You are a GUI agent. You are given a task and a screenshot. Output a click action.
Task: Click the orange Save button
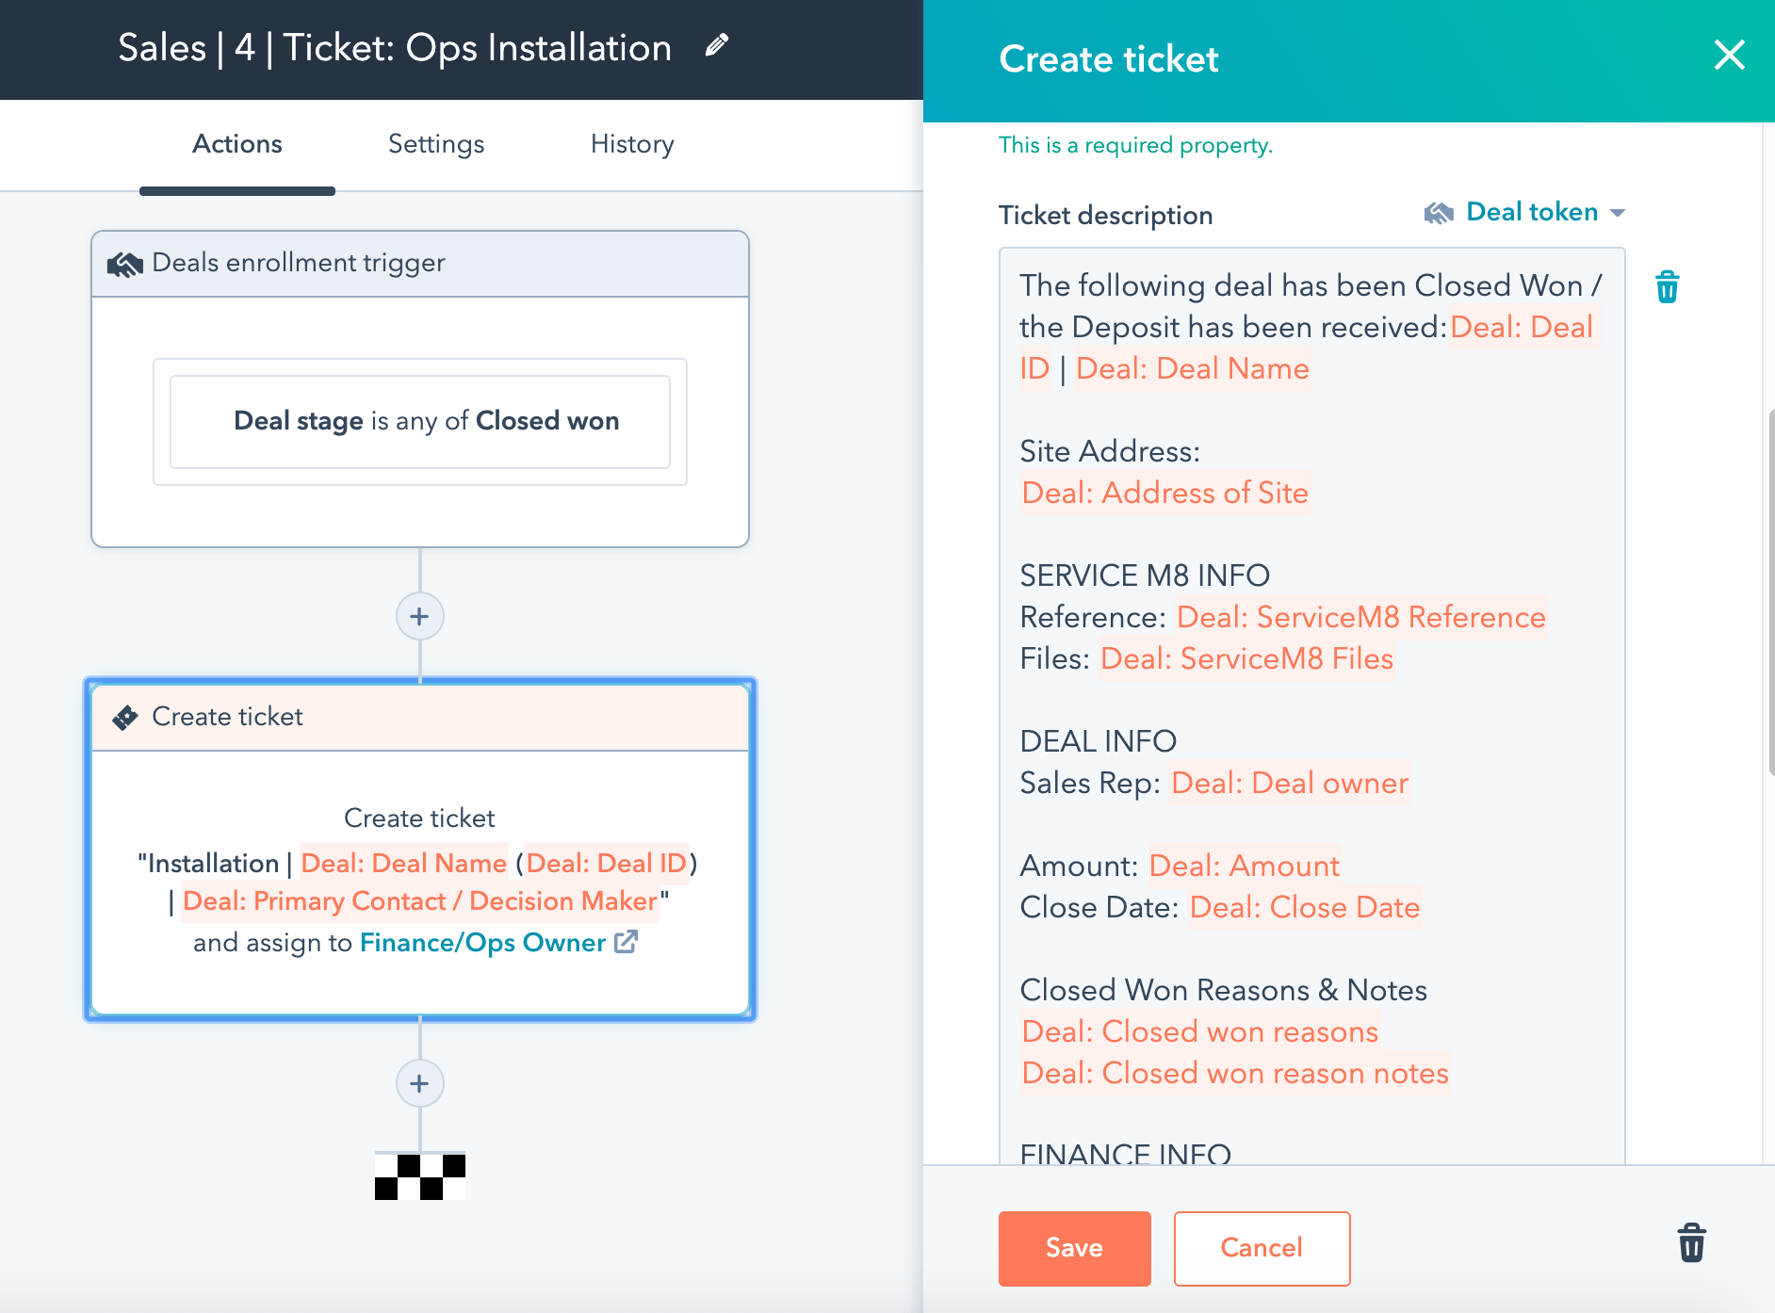tap(1074, 1248)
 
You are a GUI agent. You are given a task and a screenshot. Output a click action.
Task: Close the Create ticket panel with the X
tap(1729, 56)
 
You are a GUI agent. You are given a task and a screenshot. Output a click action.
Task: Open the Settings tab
tap(436, 144)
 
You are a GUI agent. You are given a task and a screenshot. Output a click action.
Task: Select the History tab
tap(632, 144)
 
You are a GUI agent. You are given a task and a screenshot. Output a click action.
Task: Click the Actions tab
tap(237, 144)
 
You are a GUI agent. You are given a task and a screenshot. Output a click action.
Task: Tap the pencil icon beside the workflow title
tap(717, 45)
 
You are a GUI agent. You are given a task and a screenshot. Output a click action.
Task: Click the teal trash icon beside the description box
tap(1667, 287)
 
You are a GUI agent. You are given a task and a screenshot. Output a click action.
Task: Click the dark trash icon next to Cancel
tap(1691, 1243)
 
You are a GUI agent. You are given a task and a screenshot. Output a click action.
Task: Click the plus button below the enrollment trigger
tap(419, 617)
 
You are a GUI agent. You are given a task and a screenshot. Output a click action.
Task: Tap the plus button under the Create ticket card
tap(419, 1084)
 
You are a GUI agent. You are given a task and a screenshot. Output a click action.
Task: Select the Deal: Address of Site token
tap(1164, 493)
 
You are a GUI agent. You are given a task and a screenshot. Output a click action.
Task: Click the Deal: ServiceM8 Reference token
tap(1360, 617)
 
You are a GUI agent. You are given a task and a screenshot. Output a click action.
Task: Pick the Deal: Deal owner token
tap(1289, 783)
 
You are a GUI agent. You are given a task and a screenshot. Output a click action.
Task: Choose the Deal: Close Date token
tap(1304, 907)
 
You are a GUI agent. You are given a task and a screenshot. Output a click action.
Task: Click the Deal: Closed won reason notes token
tap(1234, 1073)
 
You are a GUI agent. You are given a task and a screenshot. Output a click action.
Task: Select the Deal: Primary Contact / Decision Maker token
tap(420, 901)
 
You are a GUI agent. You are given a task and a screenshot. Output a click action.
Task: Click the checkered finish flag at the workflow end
tap(420, 1176)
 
